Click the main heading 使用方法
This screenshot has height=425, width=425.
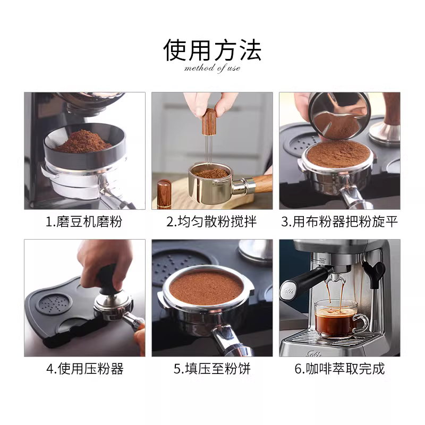212,50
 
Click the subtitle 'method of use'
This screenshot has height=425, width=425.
212,68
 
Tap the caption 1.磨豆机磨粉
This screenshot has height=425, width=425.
84,222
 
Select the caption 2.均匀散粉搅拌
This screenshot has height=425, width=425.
211,222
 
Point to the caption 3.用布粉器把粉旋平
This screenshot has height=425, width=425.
339,222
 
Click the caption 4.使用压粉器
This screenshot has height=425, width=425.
85,368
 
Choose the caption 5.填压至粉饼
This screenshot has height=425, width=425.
212,368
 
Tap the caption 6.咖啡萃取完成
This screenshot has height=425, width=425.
339,368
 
